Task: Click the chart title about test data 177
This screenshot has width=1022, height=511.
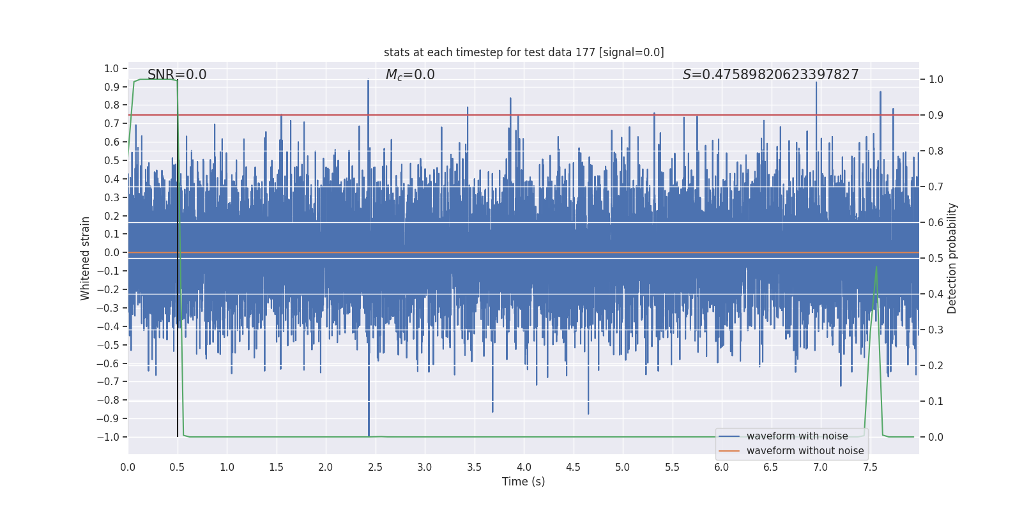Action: [524, 52]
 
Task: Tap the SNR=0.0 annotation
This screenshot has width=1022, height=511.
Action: [177, 75]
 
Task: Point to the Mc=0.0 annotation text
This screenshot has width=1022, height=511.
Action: [410, 75]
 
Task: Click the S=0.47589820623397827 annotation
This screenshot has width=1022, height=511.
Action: [770, 75]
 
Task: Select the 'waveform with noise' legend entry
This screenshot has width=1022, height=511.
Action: [797, 436]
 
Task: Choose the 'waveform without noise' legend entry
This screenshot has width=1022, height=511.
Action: [805, 451]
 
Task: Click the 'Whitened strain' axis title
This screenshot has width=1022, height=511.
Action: [85, 258]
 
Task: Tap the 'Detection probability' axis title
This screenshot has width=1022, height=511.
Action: [952, 258]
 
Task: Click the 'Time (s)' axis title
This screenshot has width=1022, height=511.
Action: [523, 482]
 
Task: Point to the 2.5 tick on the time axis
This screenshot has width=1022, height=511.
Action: [375, 467]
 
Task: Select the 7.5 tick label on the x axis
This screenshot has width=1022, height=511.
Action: [870, 467]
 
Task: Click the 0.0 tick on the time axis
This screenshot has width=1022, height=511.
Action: [128, 467]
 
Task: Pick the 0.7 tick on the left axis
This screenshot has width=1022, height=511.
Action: [112, 123]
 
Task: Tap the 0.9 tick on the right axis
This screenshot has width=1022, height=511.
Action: [936, 116]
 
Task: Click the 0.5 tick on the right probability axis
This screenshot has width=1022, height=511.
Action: [936, 259]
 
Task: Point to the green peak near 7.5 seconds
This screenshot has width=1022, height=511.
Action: [876, 267]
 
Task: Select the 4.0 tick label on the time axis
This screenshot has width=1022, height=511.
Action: [524, 467]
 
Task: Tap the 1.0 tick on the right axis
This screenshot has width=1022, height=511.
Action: [936, 80]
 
